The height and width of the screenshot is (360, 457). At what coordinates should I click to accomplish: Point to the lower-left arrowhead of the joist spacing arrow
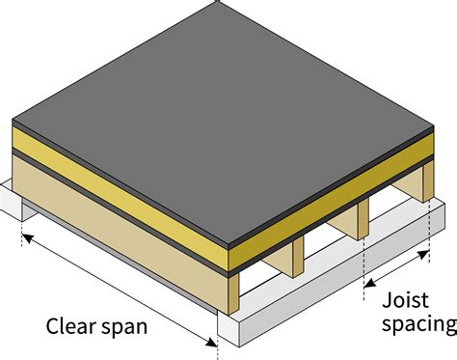pos(366,287)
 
